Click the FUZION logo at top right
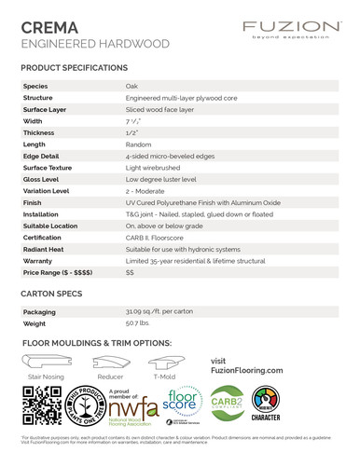291,29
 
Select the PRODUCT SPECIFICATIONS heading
74,68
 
